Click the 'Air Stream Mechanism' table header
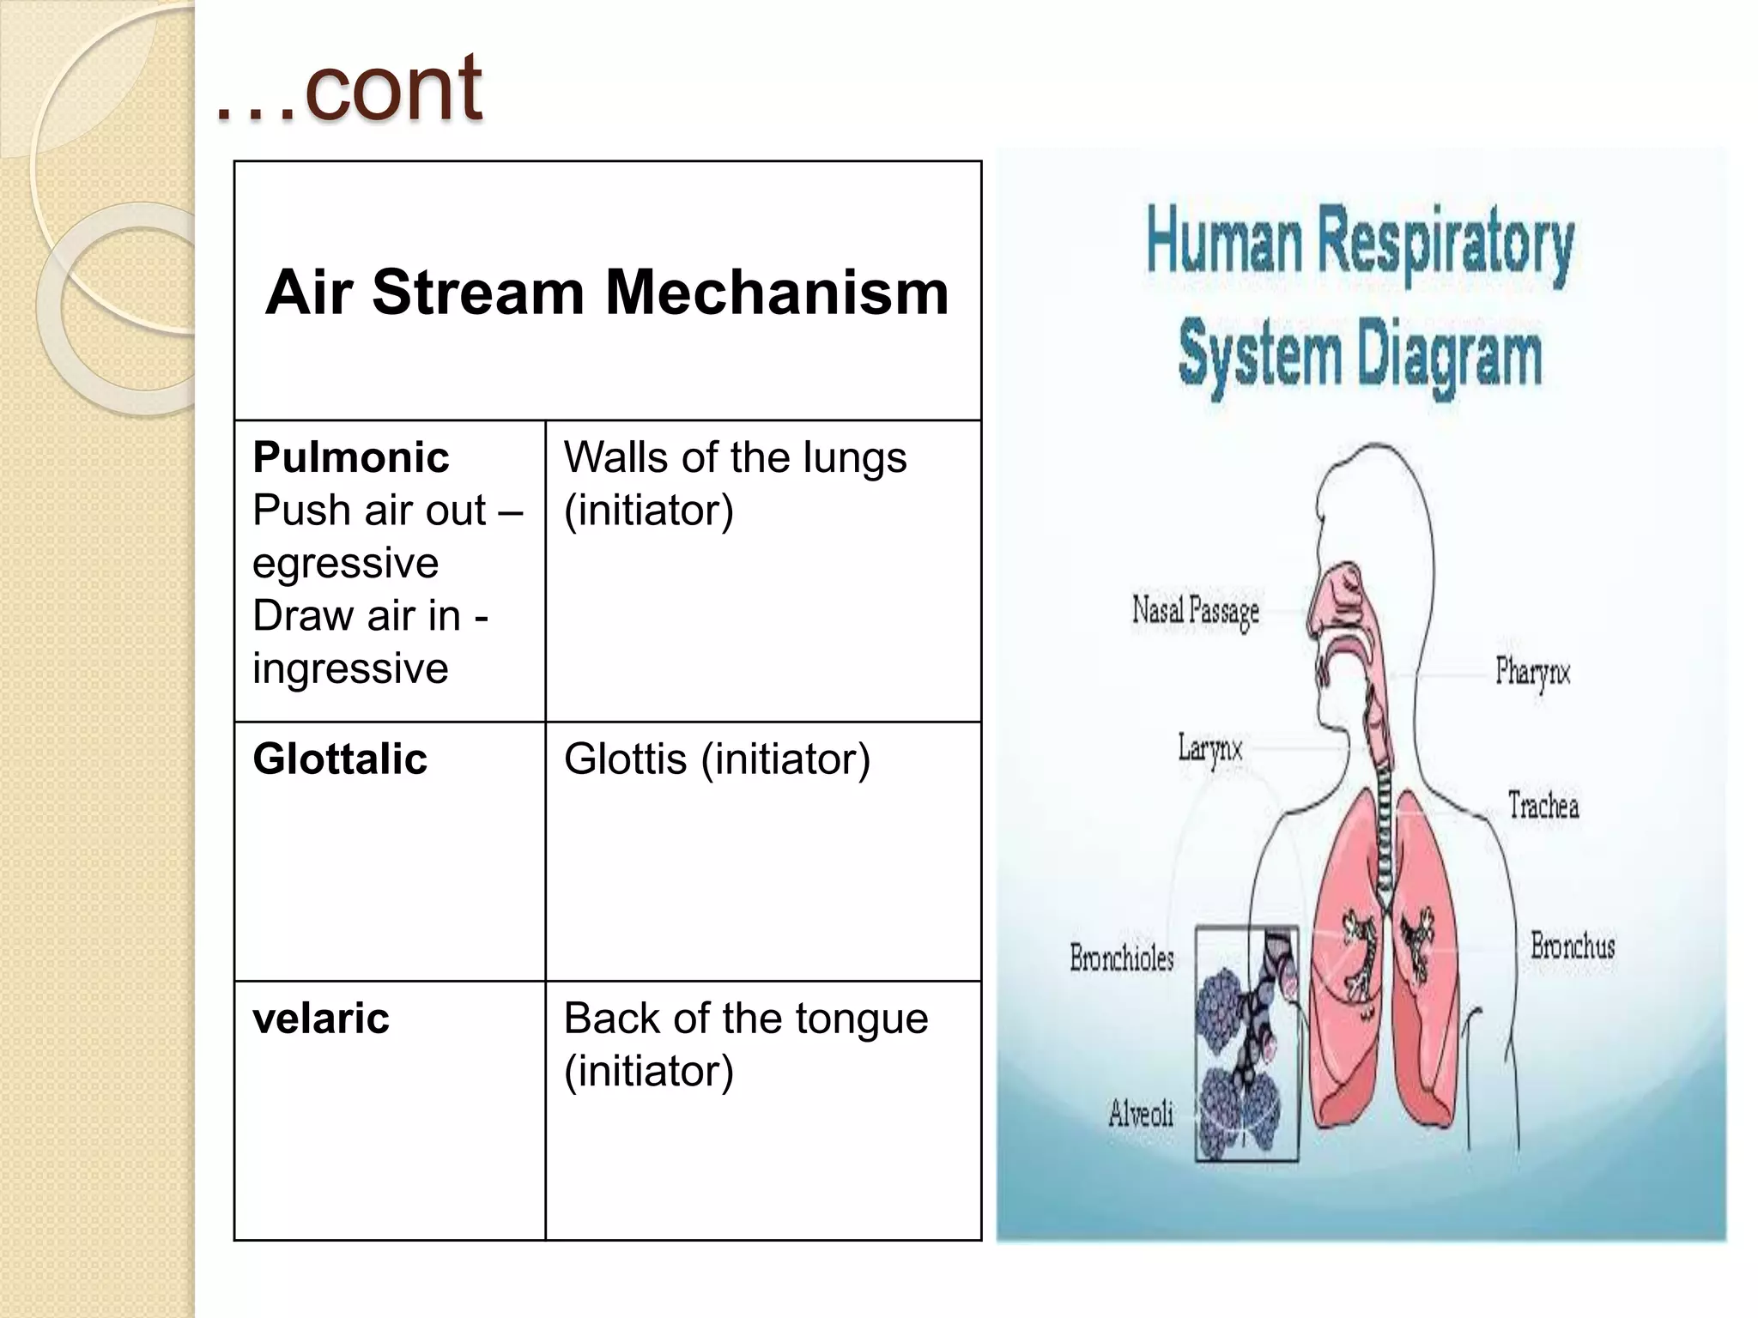(x=607, y=292)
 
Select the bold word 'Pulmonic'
(x=350, y=456)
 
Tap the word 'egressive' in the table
(x=345, y=563)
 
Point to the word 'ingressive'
(x=350, y=668)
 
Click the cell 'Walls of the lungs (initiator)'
(x=735, y=483)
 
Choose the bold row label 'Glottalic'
(x=340, y=759)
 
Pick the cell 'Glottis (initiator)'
(x=717, y=759)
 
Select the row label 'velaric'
(x=321, y=1018)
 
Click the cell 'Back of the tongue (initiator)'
(x=745, y=1043)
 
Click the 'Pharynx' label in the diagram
(x=1532, y=671)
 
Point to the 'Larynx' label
(x=1209, y=749)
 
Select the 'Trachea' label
(x=1543, y=806)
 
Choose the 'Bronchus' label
(x=1573, y=946)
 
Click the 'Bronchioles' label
(x=1121, y=958)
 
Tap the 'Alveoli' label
(x=1140, y=1114)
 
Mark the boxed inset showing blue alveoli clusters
(x=1246, y=1043)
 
